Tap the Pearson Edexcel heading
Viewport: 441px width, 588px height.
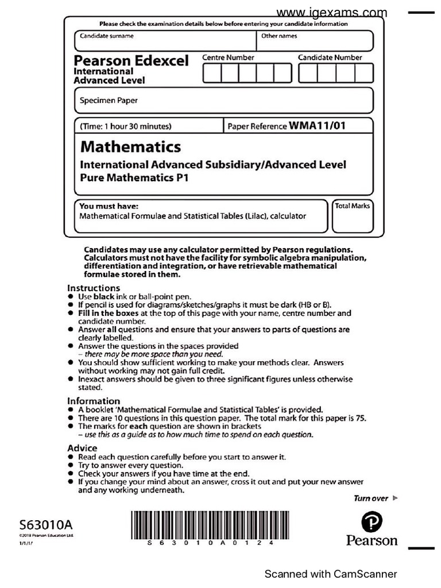131,61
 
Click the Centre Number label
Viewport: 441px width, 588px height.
228,57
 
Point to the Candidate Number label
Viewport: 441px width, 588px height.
330,57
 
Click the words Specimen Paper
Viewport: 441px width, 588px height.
109,100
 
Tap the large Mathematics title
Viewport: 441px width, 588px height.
130,147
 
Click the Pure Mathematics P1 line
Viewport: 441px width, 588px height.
134,177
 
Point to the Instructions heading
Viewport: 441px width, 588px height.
94,288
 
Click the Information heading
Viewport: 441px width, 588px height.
94,401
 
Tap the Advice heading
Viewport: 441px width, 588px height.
82,448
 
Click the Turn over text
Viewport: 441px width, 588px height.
371,498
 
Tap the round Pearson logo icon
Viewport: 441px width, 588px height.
372,522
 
